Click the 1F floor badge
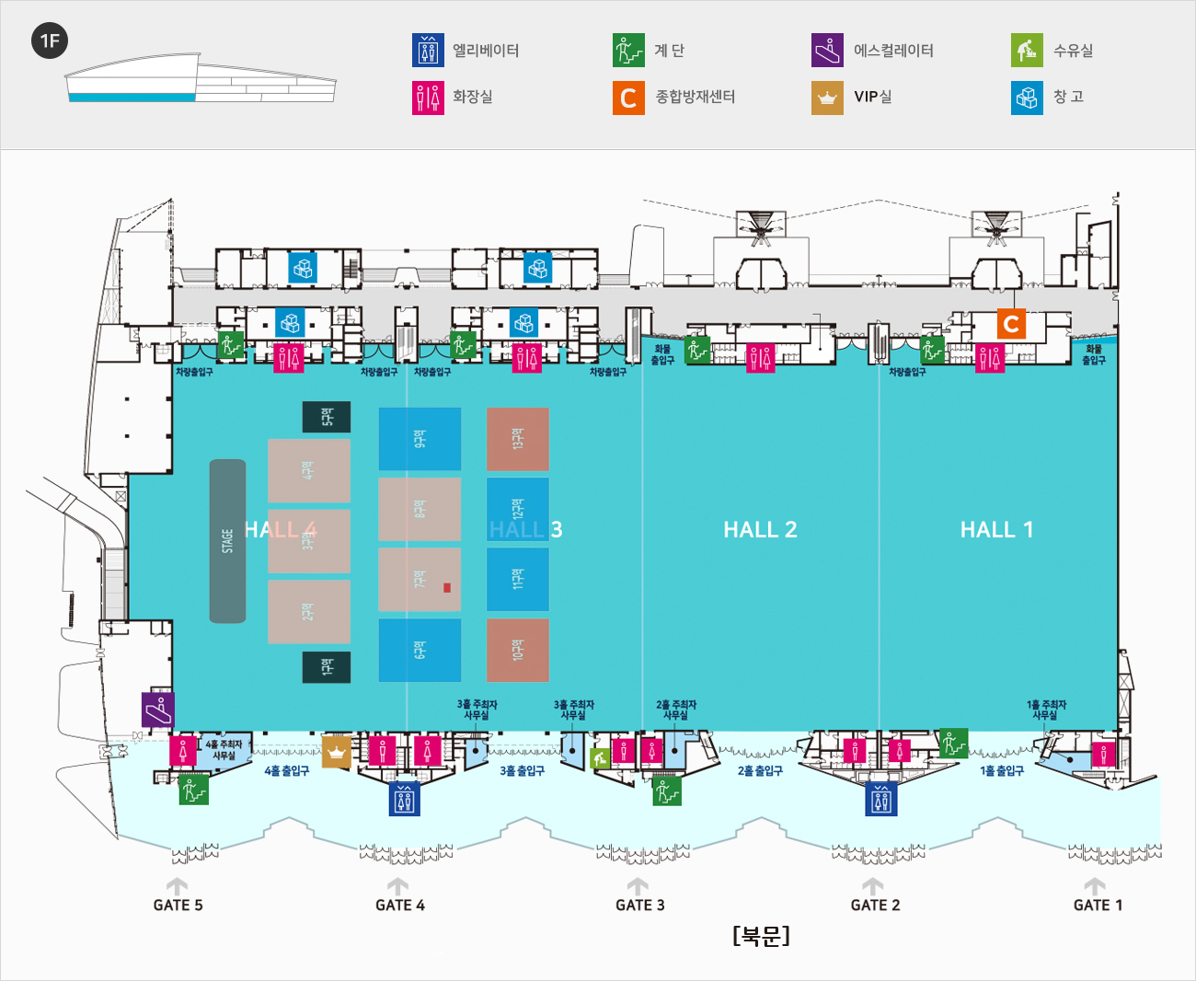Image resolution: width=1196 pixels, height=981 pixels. coord(50,40)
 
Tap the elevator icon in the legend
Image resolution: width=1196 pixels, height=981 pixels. coord(428,51)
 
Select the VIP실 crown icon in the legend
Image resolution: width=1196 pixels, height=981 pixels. coord(827,98)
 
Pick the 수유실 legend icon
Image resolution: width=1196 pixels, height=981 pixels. coord(1027,51)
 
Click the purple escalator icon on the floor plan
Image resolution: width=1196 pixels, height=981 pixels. coord(157,710)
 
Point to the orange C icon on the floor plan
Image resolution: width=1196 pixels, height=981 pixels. coord(1011,324)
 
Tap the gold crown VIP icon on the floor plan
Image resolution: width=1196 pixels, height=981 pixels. coord(336,751)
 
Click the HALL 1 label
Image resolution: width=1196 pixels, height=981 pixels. coord(996,529)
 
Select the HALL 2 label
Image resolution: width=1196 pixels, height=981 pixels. coord(760,529)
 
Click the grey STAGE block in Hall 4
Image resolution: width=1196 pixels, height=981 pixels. coord(227,541)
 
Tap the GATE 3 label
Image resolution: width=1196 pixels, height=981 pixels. coord(639,906)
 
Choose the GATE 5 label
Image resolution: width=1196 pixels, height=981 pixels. coord(178,906)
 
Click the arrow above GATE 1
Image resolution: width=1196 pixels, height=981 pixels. coord(1094,886)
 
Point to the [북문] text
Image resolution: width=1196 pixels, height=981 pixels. coord(761,936)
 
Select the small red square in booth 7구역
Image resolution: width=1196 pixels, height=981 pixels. coord(447,587)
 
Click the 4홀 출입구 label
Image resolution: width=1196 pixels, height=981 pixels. coord(287,771)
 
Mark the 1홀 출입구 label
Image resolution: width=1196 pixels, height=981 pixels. coord(1001,771)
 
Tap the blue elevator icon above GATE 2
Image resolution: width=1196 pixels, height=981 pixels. coord(880,799)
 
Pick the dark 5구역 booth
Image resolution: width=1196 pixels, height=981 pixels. coord(327,417)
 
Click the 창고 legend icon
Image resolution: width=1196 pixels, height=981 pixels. coord(1027,98)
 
